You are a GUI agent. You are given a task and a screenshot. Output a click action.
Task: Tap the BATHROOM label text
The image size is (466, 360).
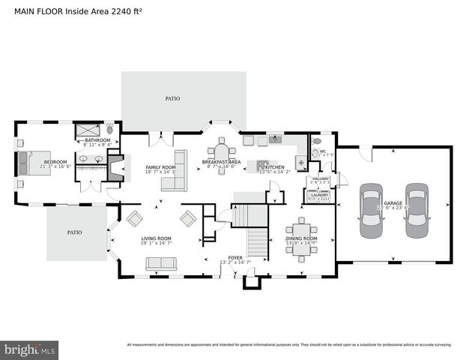tap(97, 140)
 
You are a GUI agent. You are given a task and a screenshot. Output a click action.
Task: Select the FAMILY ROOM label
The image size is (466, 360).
tap(160, 167)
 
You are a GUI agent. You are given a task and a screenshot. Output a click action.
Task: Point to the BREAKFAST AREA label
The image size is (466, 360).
tap(221, 162)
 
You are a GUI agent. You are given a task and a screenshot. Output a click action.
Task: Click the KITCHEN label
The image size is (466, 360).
tap(274, 166)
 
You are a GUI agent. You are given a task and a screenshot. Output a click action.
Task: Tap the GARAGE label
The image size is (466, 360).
tap(393, 203)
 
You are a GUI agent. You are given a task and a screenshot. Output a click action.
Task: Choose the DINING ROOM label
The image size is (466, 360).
tap(301, 239)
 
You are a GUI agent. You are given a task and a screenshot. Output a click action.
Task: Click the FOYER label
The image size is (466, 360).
tap(235, 257)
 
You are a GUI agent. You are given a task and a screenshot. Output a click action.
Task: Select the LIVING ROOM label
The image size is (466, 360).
tap(157, 239)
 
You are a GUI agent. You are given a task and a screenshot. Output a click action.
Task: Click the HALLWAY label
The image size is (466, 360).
tap(321, 178)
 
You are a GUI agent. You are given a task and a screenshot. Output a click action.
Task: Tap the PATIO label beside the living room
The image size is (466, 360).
tap(74, 232)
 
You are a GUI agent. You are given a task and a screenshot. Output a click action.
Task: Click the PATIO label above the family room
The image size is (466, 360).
tap(173, 98)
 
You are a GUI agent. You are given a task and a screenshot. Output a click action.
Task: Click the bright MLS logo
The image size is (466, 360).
tap(30, 349)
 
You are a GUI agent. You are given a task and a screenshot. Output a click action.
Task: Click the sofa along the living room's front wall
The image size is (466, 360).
tap(160, 263)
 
